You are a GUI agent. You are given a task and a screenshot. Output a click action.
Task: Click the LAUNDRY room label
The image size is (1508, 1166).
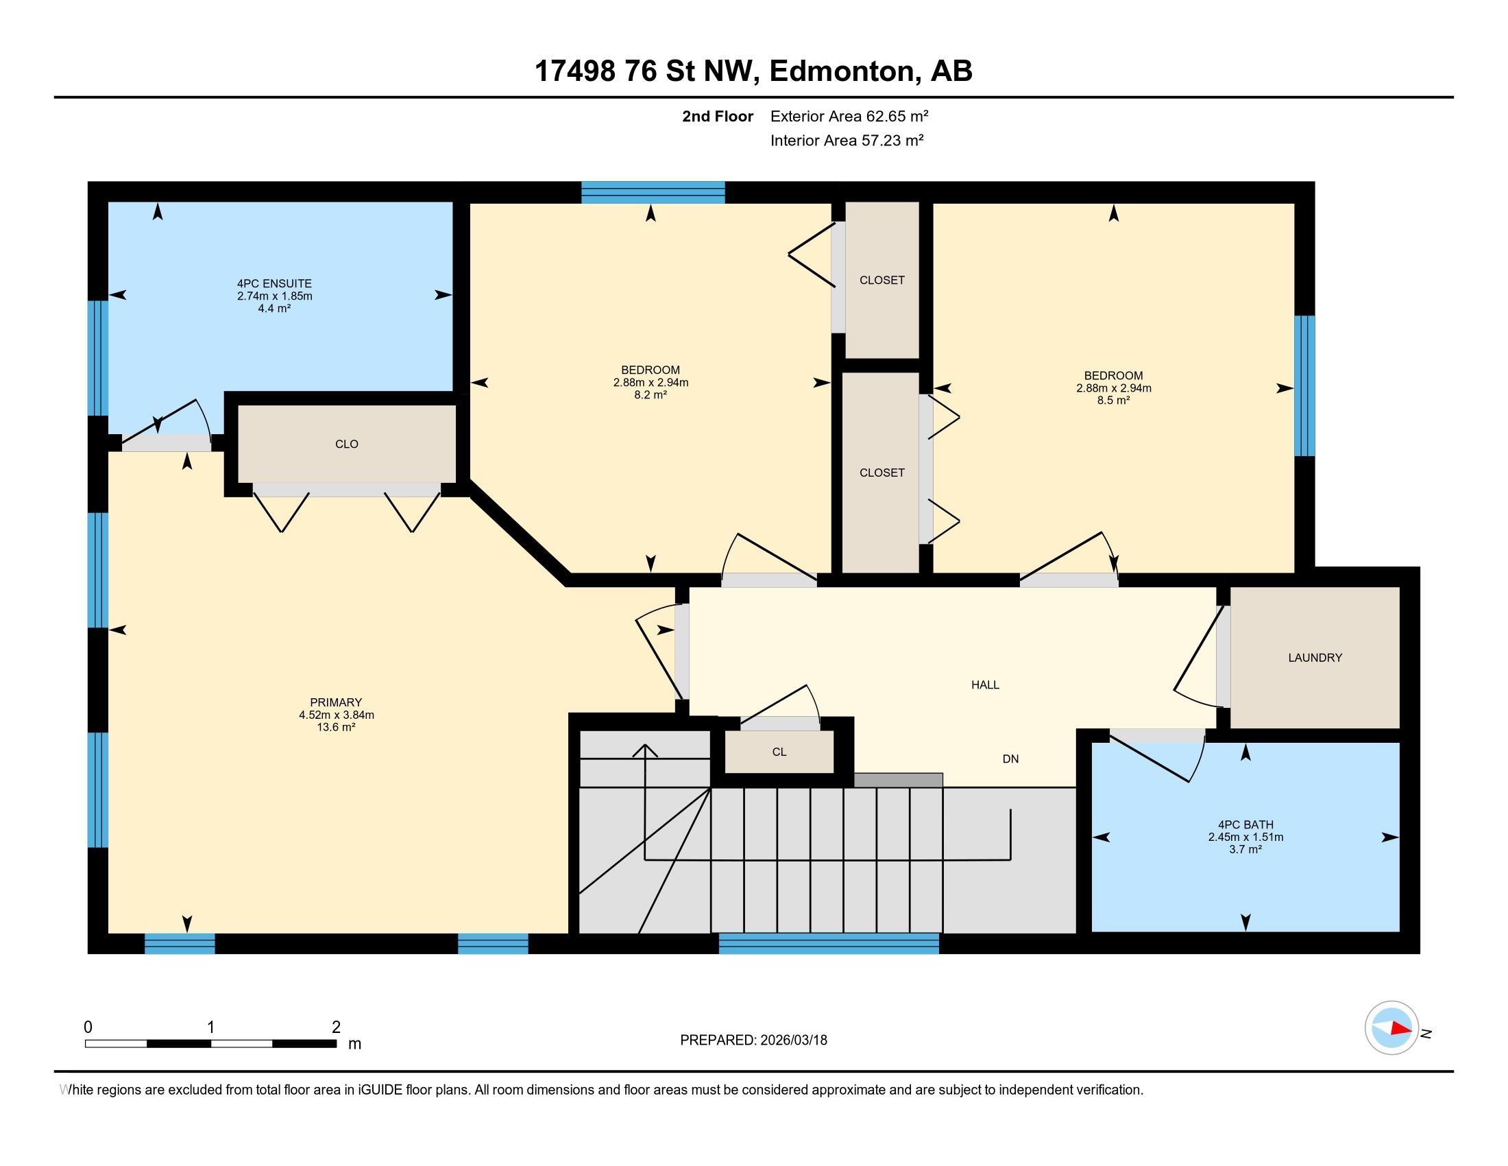pos(1315,658)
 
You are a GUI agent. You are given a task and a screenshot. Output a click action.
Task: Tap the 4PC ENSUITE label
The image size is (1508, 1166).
pos(274,283)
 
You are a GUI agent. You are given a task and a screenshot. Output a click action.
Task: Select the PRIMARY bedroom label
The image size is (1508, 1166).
pos(337,702)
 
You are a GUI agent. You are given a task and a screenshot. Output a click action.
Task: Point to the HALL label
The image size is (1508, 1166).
pos(985,685)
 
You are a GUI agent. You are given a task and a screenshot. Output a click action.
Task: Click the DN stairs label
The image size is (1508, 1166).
pos(1011,759)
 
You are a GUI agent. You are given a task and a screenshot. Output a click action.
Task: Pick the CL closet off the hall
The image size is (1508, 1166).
pos(779,752)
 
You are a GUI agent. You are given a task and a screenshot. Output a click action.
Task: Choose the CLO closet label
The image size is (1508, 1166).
pos(347,444)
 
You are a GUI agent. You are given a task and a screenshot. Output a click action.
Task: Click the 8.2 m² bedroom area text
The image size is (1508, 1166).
pos(650,395)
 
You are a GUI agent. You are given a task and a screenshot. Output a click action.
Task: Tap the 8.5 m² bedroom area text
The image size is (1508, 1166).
pos(1113,401)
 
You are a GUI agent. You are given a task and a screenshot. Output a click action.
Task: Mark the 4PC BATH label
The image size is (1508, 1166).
pos(1245,824)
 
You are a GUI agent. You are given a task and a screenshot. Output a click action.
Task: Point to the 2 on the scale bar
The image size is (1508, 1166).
pos(337,1027)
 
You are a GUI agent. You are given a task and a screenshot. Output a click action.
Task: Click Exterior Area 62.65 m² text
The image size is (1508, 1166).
pos(849,116)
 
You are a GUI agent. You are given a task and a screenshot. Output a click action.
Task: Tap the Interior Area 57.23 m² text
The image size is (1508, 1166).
pos(847,140)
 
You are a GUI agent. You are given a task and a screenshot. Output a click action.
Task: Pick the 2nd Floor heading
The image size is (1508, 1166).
pos(718,116)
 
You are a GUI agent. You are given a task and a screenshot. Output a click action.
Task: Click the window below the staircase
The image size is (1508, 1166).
pos(829,944)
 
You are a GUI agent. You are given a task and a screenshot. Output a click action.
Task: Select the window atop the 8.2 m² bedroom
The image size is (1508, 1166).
pos(653,192)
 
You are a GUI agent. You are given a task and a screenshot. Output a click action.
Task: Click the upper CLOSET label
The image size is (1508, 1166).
pos(881,280)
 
